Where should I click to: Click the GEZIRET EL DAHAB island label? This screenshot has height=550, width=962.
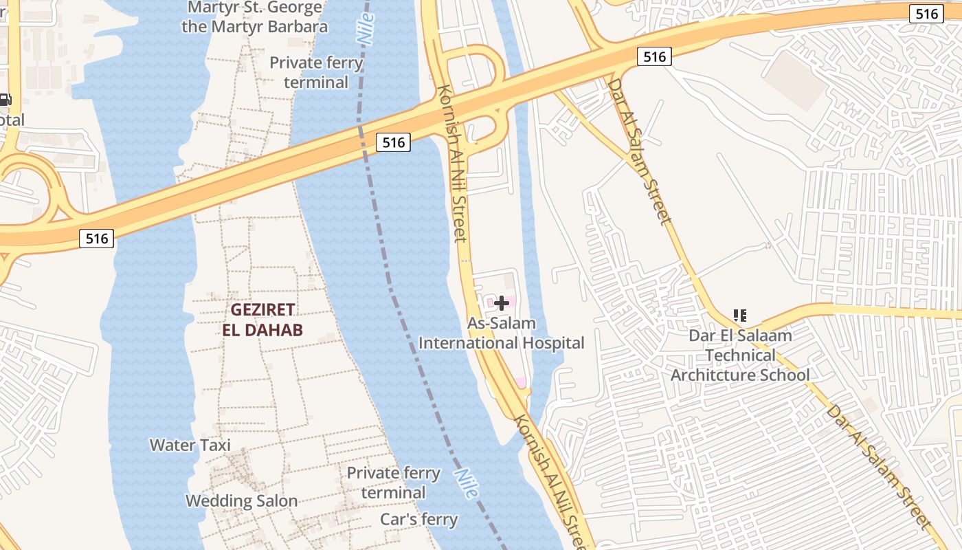[262, 320]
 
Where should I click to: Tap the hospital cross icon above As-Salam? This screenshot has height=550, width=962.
[502, 302]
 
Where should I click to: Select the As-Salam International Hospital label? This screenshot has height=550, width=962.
[502, 333]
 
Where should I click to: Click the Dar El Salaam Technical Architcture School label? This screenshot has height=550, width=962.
[740, 355]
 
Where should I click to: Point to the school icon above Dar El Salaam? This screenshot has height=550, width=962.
[739, 316]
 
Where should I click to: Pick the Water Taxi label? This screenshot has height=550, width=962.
[190, 445]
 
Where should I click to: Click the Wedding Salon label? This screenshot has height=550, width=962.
[242, 500]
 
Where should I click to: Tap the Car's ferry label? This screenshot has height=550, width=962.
[419, 519]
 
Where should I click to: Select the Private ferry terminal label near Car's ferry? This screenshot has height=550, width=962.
[393, 483]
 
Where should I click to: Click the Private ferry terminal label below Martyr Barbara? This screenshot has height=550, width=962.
[316, 72]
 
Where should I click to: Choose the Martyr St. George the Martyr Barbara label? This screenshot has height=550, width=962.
[255, 18]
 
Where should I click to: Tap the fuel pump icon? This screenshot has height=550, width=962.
[5, 100]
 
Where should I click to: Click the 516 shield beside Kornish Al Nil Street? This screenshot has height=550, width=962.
[393, 142]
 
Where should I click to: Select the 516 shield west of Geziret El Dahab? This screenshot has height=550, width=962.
[97, 239]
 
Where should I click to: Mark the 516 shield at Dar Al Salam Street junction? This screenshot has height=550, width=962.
[653, 57]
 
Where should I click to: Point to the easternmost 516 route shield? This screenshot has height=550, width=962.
[926, 14]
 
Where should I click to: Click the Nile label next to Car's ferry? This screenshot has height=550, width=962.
[467, 484]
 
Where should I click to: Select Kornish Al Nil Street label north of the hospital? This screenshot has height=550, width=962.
[453, 164]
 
